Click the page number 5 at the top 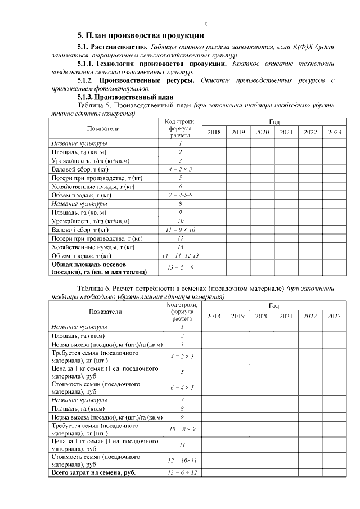(x=205, y=25)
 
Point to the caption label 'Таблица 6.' (x=93, y=289)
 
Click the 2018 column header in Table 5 (x=214, y=132)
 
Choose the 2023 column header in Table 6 (x=334, y=316)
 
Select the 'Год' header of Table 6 (x=274, y=306)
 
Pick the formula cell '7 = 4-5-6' (x=181, y=195)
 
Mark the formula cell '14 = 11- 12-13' (x=181, y=255)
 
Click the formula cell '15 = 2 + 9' (x=181, y=268)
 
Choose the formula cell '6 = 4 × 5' (x=181, y=388)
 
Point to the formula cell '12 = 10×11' (x=181, y=461)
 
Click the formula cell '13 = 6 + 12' (x=181, y=472)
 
